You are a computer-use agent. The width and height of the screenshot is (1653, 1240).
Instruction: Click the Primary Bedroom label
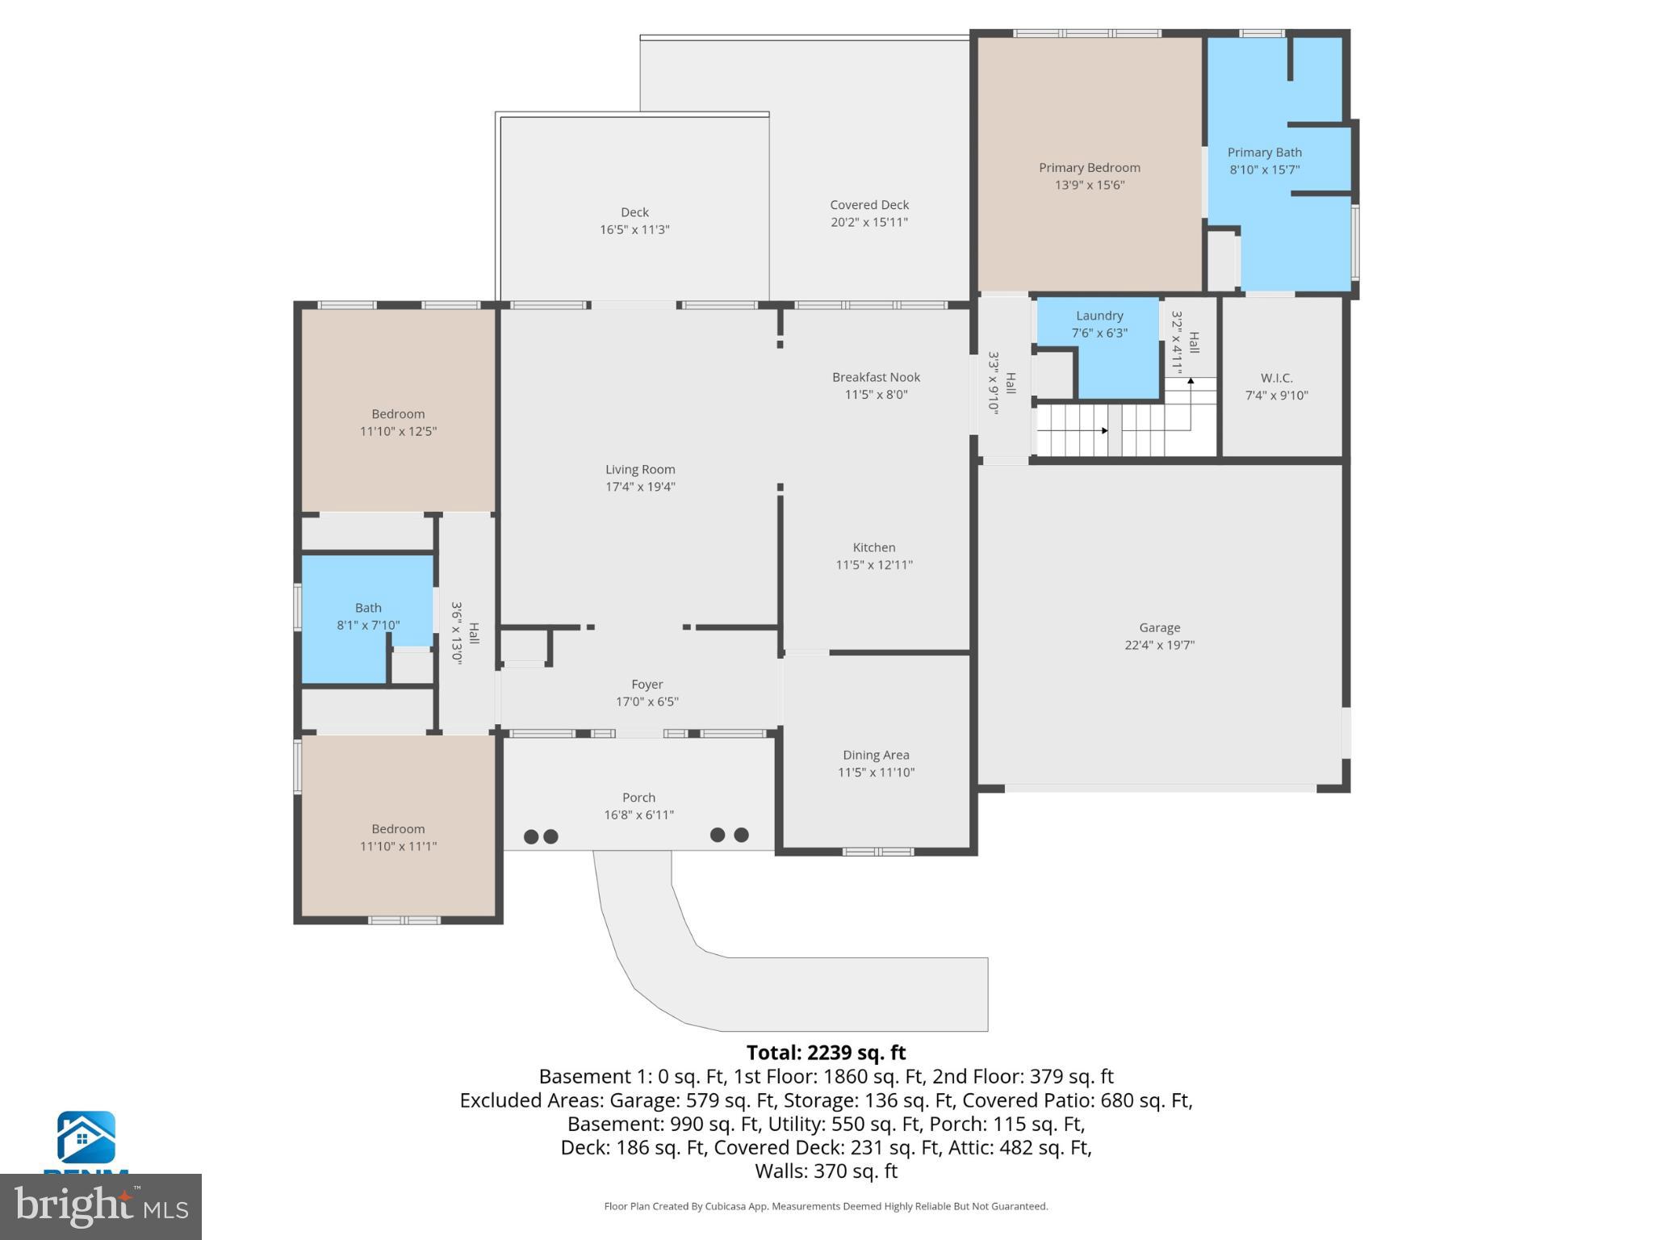pos(1089,168)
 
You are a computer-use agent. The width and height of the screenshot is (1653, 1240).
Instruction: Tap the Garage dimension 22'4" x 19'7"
pos(1159,645)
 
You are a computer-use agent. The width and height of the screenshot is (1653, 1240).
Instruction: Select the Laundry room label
pos(1099,316)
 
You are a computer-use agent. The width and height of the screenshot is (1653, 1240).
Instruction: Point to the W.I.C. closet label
pos(1276,378)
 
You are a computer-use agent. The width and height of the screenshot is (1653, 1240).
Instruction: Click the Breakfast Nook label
pos(876,377)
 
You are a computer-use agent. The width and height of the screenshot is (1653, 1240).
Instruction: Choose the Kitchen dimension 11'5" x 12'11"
pos(874,565)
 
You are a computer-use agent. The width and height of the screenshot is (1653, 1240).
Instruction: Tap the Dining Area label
pos(876,755)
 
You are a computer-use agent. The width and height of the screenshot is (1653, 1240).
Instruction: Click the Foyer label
pos(647,685)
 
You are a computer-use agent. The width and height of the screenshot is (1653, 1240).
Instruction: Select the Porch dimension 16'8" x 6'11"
pos(638,815)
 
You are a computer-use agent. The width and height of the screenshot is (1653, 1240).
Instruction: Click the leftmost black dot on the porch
pos(531,836)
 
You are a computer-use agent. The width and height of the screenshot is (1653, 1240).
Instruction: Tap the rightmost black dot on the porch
pos(741,835)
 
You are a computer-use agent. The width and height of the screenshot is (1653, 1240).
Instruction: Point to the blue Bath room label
pos(368,608)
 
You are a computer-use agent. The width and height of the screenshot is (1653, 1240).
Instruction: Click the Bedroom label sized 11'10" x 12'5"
pos(398,414)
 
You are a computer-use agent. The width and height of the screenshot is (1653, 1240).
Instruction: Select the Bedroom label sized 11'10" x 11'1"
pos(398,829)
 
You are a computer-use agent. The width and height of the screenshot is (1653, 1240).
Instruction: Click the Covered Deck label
pos(869,205)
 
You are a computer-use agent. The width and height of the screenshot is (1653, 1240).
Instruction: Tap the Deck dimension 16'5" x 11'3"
pos(634,230)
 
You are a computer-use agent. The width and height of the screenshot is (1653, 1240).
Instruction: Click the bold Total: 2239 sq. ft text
pos(826,1053)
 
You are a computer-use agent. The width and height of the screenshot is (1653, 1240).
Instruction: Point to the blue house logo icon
pos(86,1137)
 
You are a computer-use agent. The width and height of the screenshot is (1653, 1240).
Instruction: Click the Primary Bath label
pos(1264,153)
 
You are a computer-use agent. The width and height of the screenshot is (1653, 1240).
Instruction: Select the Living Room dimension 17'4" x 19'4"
pos(640,487)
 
